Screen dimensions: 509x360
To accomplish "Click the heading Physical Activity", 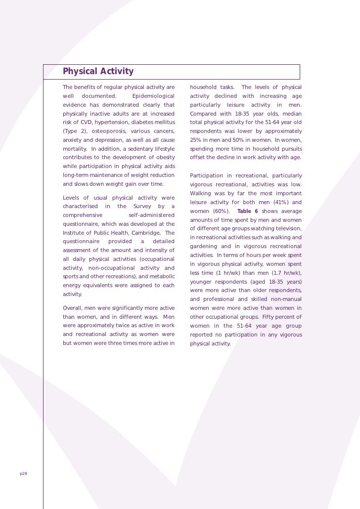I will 98,72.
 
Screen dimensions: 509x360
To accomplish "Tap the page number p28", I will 23,473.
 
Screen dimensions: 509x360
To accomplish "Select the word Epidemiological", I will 154,96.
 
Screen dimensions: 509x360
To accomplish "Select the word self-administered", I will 151,215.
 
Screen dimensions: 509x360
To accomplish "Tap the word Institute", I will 74,233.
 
